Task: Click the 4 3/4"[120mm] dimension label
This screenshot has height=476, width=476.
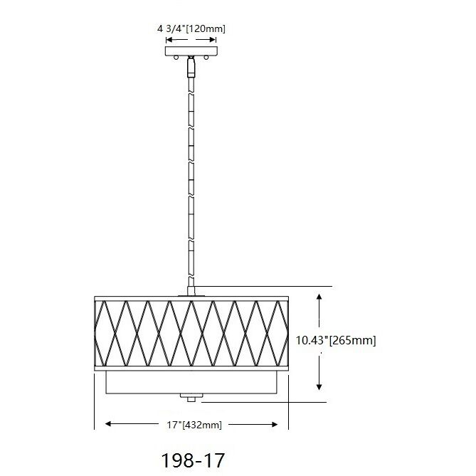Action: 191,29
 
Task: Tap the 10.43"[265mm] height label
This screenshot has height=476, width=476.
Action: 336,340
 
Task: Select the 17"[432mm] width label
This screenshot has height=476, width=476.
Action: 194,425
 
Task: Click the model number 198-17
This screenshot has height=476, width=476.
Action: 193,460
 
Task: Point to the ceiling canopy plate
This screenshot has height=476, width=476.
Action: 191,51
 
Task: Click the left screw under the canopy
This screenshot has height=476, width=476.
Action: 176,57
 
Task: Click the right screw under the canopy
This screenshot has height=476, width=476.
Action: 206,57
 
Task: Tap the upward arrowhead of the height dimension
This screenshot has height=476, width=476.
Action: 319,297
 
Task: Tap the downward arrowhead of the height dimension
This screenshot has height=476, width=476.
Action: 319,386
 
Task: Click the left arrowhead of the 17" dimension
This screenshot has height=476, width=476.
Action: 108,424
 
